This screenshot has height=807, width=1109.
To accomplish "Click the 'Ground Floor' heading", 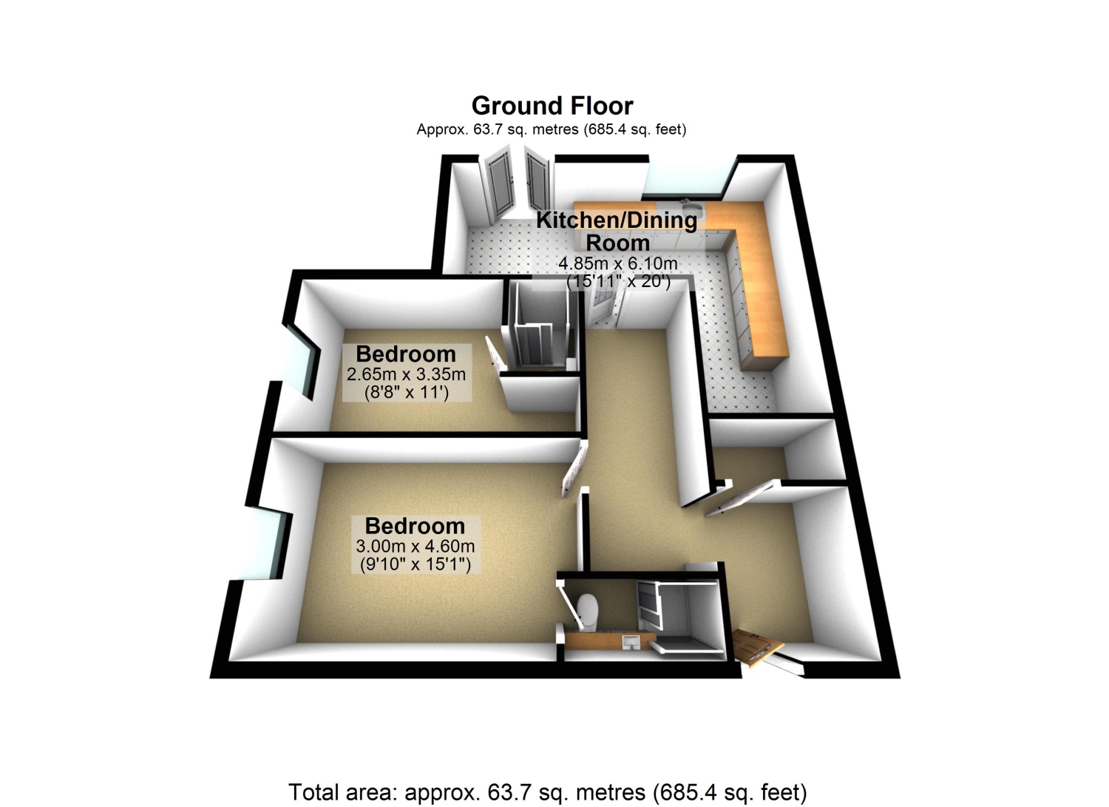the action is [x=552, y=106].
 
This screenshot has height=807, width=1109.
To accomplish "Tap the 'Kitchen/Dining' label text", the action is [x=617, y=220].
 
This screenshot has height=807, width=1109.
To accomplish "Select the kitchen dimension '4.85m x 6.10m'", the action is [x=618, y=263].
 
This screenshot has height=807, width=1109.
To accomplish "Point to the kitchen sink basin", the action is [x=690, y=206].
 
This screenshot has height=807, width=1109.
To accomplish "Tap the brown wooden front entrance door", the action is [x=756, y=646].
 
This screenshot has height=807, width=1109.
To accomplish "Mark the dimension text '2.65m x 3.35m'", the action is [x=406, y=374].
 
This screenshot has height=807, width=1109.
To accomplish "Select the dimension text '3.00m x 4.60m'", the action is [x=416, y=546].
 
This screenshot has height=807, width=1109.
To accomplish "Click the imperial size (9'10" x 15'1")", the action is [x=416, y=564].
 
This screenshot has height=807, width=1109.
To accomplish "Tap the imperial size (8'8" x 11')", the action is [x=407, y=392].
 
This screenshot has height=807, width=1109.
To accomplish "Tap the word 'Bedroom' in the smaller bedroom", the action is [x=406, y=354].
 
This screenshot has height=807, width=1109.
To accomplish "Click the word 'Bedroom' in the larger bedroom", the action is [x=416, y=526].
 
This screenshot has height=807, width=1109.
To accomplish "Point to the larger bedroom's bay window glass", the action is [x=265, y=544].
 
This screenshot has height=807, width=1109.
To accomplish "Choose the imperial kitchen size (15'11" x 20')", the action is [x=619, y=281].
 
